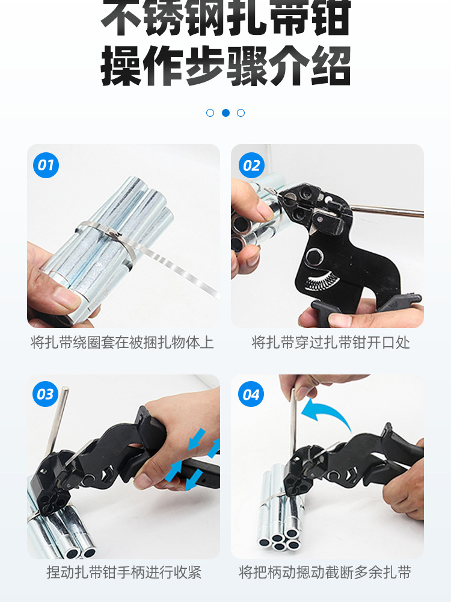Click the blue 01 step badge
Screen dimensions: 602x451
pyautogui.click(x=46, y=166)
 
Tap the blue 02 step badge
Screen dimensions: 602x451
pyautogui.click(x=251, y=166)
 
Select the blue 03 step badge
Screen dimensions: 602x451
pyautogui.click(x=45, y=395)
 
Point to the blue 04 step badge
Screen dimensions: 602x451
pyautogui.click(x=251, y=395)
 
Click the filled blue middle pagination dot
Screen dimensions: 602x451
pyautogui.click(x=226, y=113)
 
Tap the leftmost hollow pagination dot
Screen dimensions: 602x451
pyautogui.click(x=210, y=113)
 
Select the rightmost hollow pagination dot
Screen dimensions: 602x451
pyautogui.click(x=241, y=113)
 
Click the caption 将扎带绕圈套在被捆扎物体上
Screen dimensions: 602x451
pyautogui.click(x=122, y=343)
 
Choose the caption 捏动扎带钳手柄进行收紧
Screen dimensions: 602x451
pyautogui.click(x=123, y=572)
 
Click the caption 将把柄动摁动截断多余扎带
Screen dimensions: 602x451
pyautogui.click(x=325, y=572)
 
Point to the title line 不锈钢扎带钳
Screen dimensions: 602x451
pyautogui.click(x=226, y=19)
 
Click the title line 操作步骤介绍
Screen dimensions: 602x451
pyautogui.click(x=226, y=66)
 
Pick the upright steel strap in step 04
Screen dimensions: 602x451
pyautogui.click(x=293, y=427)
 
